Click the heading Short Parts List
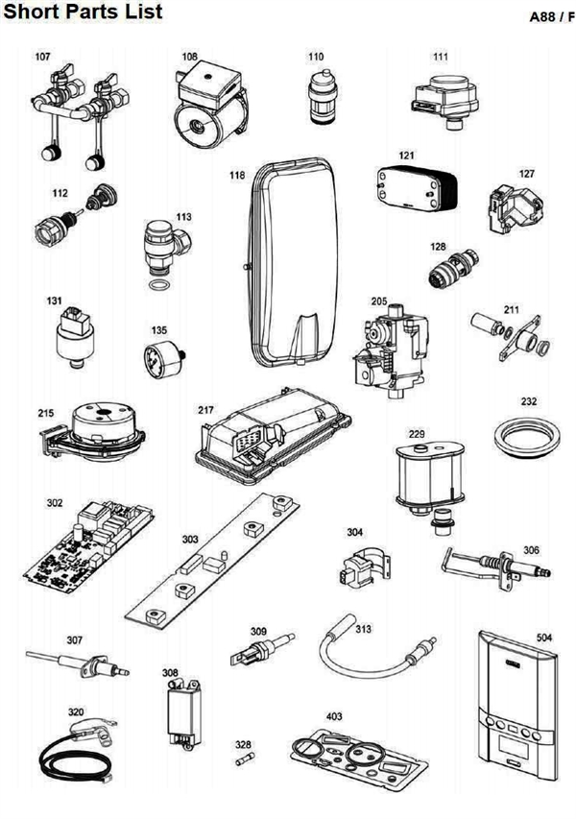(83, 12)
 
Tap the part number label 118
(237, 176)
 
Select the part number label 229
(416, 435)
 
